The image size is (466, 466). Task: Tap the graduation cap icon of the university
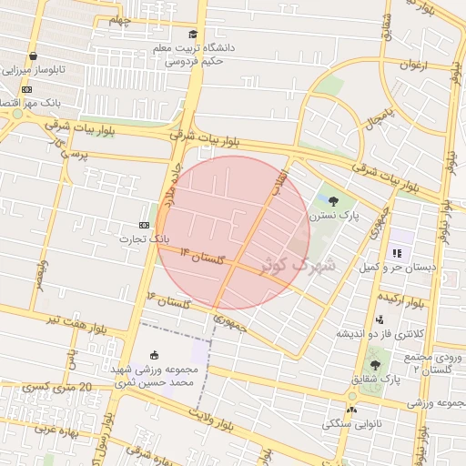(x=193, y=35)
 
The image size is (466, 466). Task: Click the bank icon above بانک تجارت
(x=144, y=224)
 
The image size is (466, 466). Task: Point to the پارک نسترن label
(x=333, y=217)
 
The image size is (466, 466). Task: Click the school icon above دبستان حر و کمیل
(x=397, y=253)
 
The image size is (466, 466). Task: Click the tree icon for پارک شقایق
(x=375, y=364)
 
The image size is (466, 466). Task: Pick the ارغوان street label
(x=412, y=65)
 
